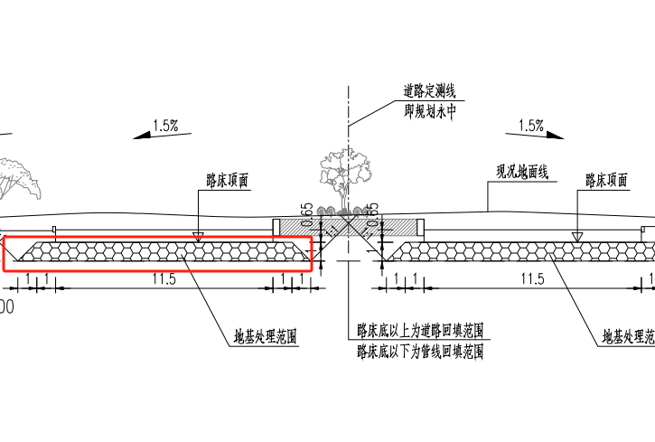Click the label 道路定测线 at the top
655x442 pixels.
click(429, 91)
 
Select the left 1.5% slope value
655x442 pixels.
click(165, 126)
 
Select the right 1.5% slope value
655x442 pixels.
click(531, 125)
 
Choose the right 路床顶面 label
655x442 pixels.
click(605, 181)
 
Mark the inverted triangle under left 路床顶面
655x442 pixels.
click(198, 235)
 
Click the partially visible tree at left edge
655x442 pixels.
click(13, 176)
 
